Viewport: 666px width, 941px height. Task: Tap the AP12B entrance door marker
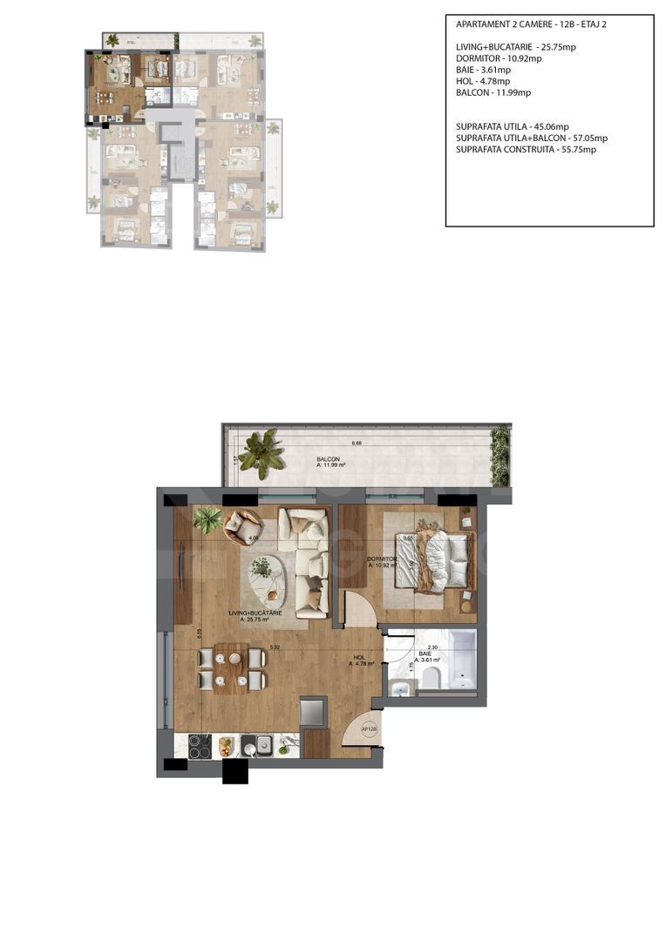(369, 730)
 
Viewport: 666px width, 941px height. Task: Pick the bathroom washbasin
(400, 689)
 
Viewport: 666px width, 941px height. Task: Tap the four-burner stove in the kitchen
(200, 746)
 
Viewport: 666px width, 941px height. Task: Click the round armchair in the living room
(243, 526)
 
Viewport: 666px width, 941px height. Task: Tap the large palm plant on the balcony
(261, 453)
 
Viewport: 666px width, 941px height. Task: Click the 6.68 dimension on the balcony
(356, 443)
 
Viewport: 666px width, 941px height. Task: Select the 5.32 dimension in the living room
(275, 647)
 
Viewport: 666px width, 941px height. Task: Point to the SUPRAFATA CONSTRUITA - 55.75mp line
(526, 149)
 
